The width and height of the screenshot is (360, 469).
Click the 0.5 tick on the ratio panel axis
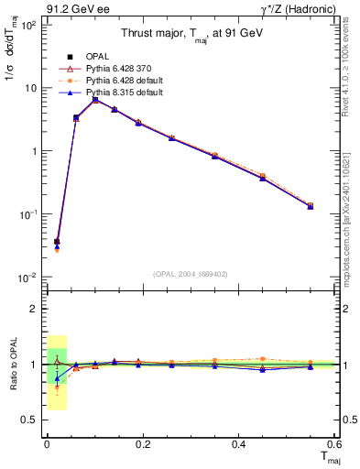click(x=31, y=420)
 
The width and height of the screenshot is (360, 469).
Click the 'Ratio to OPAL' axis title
click(x=12, y=364)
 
